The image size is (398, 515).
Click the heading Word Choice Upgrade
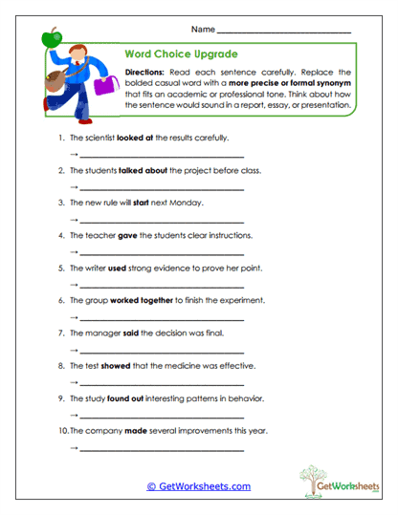[182, 54]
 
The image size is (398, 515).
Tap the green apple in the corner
[51, 38]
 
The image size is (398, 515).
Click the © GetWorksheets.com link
[198, 486]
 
